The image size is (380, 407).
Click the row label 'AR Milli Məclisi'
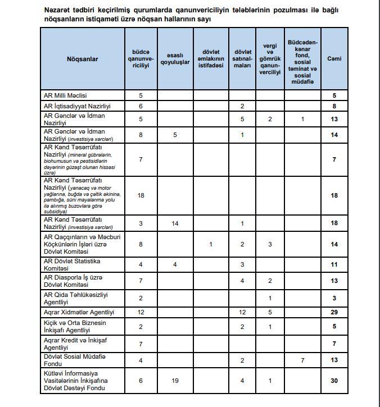pyautogui.click(x=66, y=95)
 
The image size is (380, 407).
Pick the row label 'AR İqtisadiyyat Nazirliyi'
pyautogui.click(x=77, y=106)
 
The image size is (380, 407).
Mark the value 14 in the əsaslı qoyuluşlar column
pyautogui.click(x=176, y=223)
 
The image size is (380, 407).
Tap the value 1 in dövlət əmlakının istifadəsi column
pyautogui.click(x=211, y=244)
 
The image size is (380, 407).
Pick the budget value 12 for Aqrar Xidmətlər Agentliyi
pyautogui.click(x=141, y=312)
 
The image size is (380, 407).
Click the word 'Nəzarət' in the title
pyautogui.click(x=58, y=10)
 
